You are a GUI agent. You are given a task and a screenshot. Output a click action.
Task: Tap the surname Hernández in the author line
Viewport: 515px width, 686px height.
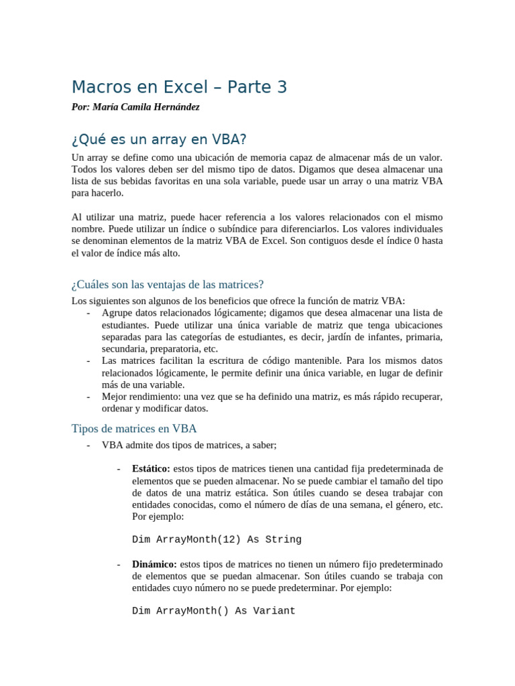point(173,107)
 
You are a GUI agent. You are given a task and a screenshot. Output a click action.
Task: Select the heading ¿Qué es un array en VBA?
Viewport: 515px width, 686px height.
point(159,140)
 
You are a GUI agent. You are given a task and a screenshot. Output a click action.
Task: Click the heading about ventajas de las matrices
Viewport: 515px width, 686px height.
point(168,285)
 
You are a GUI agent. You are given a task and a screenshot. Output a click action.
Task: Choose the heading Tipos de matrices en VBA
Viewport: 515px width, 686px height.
point(133,428)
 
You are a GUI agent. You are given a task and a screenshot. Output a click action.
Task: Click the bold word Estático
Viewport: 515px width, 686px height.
point(151,469)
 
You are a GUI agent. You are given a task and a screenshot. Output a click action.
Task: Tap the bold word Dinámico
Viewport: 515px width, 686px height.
point(154,564)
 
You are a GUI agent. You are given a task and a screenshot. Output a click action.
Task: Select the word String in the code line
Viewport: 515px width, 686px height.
point(284,539)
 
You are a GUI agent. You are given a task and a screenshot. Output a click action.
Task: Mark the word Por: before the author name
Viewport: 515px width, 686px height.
point(80,107)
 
